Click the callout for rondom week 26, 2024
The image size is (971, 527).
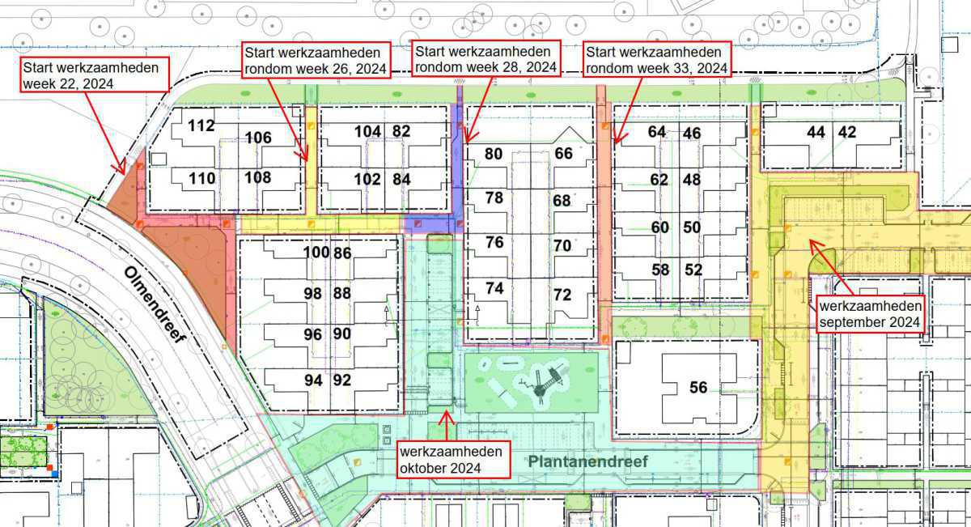316,59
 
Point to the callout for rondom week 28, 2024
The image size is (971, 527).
485,58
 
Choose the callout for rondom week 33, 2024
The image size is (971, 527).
656,59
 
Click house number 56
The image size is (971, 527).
698,389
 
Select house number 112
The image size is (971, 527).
201,125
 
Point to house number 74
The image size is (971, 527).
494,288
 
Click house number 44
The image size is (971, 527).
816,132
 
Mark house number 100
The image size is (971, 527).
316,253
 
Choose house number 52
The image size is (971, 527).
693,270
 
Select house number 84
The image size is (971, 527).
401,179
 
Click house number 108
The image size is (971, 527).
258,177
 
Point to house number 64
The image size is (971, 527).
657,132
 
